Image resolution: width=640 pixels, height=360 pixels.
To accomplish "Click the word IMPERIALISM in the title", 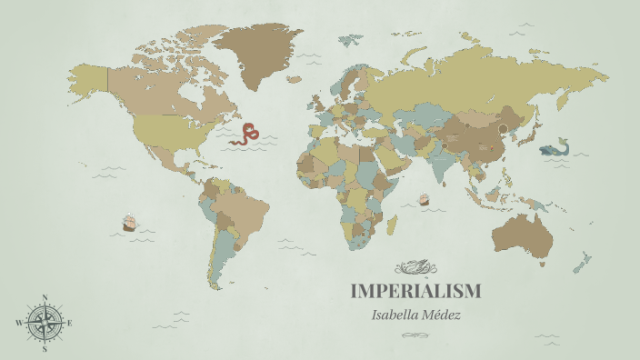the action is click(415, 292).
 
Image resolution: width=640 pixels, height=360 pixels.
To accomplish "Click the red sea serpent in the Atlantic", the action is click(245, 136).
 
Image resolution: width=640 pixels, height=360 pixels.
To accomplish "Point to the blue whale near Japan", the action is click(554, 148).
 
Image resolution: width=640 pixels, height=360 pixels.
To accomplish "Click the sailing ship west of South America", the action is click(129, 222).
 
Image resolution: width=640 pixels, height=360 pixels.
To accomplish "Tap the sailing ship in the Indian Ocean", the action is click(423, 198).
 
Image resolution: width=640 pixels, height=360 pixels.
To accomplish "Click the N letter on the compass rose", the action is click(45, 297).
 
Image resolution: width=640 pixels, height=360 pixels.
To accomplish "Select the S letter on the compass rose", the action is click(45, 348).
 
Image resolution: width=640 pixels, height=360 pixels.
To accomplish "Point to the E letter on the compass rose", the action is click(70, 323).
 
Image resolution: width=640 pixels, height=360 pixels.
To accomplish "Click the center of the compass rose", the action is click(45, 323).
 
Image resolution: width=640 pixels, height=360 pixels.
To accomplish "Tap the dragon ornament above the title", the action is click(415, 267).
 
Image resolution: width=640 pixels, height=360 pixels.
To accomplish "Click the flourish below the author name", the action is click(415, 335).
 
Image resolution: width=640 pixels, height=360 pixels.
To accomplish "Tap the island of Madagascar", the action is click(393, 223).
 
